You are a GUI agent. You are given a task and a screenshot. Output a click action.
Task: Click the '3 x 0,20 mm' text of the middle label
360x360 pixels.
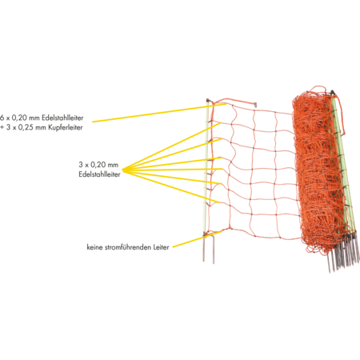(98, 164)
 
